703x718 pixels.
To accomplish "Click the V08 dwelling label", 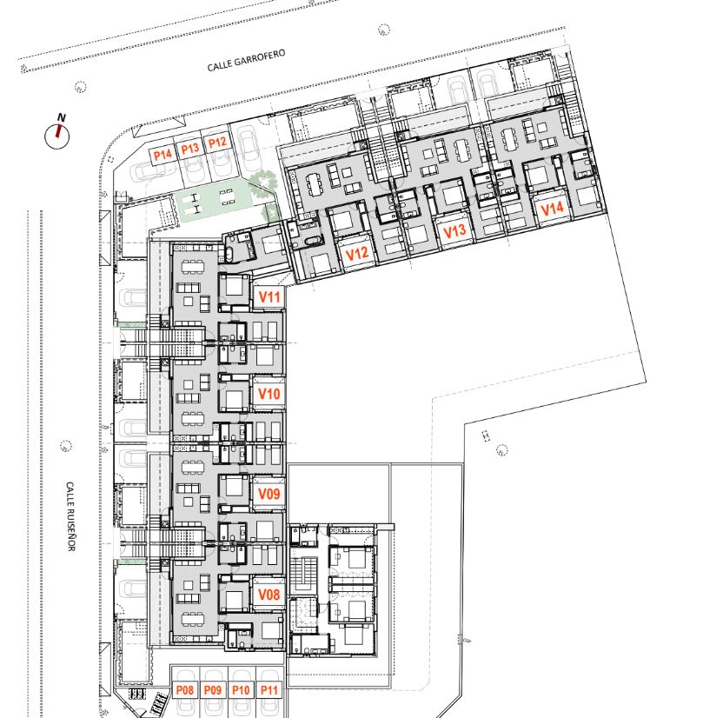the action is tap(269, 595).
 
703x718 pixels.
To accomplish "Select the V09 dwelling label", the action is tap(269, 494).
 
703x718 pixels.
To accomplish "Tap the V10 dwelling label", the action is tap(269, 394).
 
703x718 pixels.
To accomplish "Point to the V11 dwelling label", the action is tap(269, 296).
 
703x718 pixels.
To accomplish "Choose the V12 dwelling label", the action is tap(356, 253).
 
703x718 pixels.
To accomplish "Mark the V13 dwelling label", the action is tap(454, 231).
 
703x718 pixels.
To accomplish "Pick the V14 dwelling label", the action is tap(552, 209).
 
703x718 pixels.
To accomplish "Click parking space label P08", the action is tap(185, 689).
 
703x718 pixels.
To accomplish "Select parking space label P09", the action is tap(213, 689).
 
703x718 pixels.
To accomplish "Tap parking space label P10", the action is tap(241, 689).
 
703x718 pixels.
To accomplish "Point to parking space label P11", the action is tap(269, 689).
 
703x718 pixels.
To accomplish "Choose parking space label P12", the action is tap(217, 143).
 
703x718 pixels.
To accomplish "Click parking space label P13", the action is tap(190, 149).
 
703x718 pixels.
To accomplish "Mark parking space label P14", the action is tap(162, 155).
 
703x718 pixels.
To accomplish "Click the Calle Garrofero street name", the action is tap(246, 61).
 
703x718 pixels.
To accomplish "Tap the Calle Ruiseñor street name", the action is tap(70, 516).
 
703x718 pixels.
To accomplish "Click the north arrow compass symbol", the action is tap(57, 136).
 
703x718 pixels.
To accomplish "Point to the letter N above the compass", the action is tap(62, 117).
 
